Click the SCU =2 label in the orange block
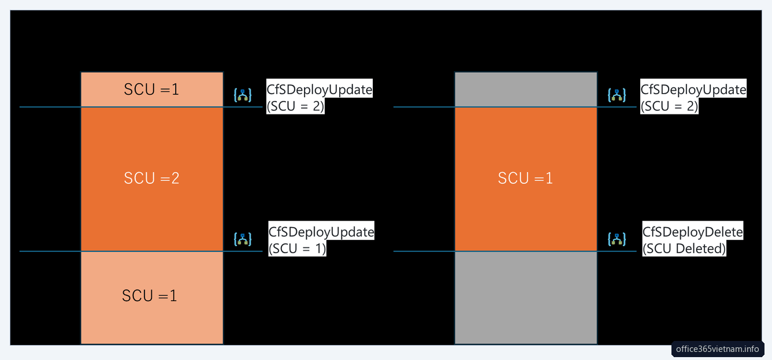(x=151, y=178)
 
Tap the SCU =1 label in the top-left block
(x=151, y=90)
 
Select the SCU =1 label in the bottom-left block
(x=150, y=296)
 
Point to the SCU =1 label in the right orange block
(x=525, y=178)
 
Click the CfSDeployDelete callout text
(x=692, y=232)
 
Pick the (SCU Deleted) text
(x=684, y=248)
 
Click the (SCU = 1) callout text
(x=297, y=248)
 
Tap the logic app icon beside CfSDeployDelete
(x=617, y=239)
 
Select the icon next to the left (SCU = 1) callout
(x=243, y=239)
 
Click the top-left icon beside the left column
(x=243, y=95)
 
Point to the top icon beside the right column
(x=617, y=95)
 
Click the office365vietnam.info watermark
(x=718, y=349)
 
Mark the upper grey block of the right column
(x=526, y=90)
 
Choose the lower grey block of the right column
(x=526, y=298)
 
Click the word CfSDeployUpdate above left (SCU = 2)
(x=319, y=90)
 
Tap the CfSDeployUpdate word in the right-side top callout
(x=693, y=90)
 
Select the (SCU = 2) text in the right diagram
(x=669, y=106)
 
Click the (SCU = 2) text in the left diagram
(x=295, y=106)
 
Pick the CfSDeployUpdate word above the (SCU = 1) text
(x=321, y=232)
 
